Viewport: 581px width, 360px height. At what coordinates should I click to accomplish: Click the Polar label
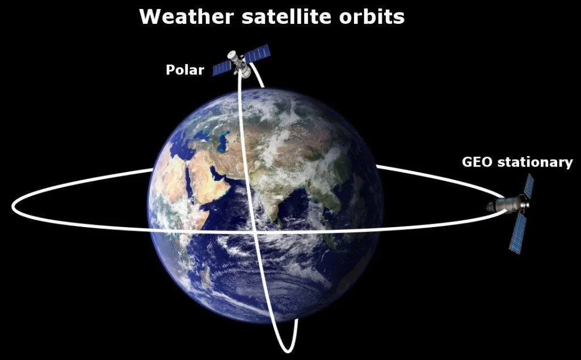184,70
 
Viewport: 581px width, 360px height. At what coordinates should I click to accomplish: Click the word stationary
534,162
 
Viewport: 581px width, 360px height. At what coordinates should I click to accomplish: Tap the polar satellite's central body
241,64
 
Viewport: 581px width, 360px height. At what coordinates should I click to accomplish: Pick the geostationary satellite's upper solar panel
528,186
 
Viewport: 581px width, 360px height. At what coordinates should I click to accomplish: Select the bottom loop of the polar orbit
286,347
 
